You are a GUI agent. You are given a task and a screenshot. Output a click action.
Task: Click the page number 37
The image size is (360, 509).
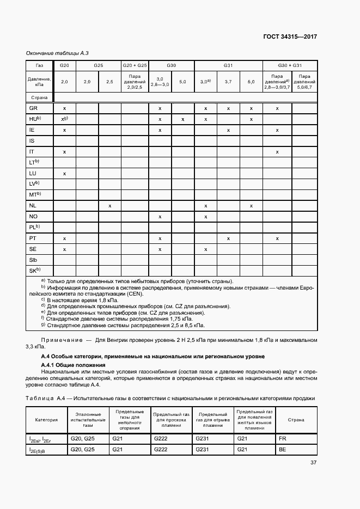tap(313, 463)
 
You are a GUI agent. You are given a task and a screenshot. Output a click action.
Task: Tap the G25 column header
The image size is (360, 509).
tap(98, 65)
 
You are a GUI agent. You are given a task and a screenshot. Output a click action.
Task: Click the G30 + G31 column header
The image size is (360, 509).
tap(289, 65)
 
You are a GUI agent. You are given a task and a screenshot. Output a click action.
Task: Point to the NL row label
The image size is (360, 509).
tap(33, 206)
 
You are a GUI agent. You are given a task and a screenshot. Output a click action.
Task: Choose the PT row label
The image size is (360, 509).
tap(33, 238)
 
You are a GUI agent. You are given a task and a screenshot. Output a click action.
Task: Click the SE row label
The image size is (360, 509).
tap(33, 249)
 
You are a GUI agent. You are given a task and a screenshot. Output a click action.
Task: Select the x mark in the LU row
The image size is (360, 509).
tap(64, 173)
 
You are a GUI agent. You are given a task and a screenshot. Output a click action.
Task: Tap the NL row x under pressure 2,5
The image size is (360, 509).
tap(109, 206)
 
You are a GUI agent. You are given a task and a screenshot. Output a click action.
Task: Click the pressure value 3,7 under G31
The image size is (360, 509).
tap(228, 82)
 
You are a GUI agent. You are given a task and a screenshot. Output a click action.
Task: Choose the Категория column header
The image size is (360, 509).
tap(47, 420)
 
